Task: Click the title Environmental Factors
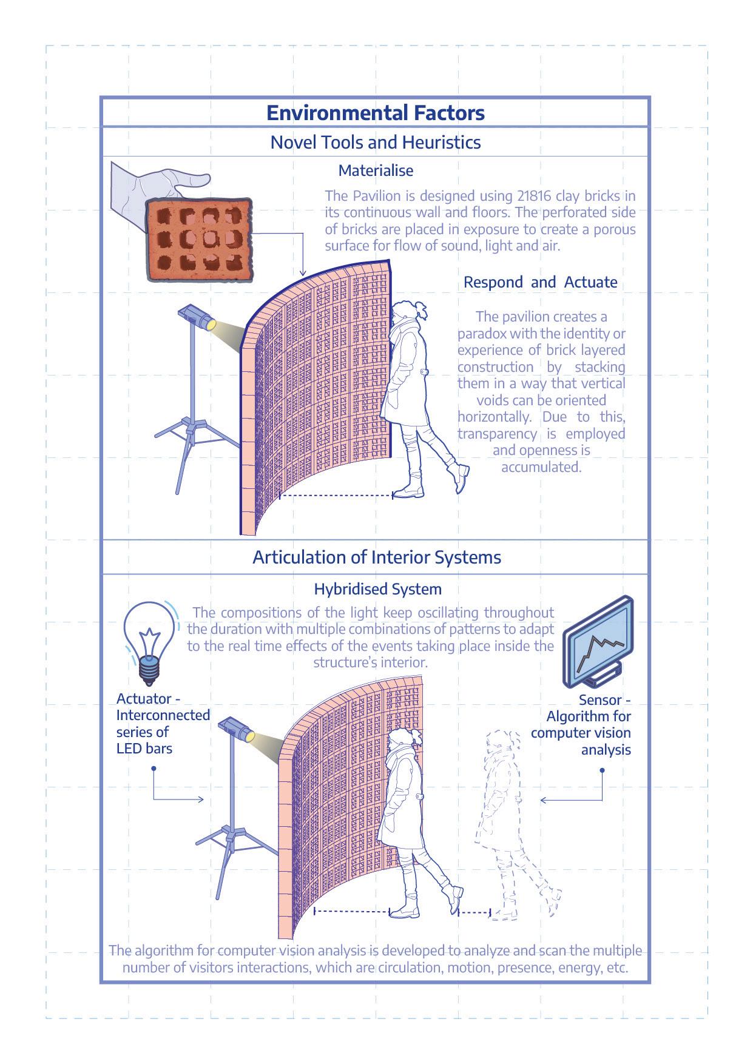[x=376, y=113]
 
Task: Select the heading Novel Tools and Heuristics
[x=376, y=143]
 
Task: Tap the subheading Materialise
[x=376, y=170]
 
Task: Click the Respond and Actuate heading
[x=540, y=282]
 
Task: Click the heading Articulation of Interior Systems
[x=377, y=557]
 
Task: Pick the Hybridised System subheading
[x=377, y=589]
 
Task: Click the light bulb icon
[x=148, y=642]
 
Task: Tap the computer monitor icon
[x=598, y=643]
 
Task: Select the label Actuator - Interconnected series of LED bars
[x=163, y=724]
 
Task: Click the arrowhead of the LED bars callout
[x=201, y=800]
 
